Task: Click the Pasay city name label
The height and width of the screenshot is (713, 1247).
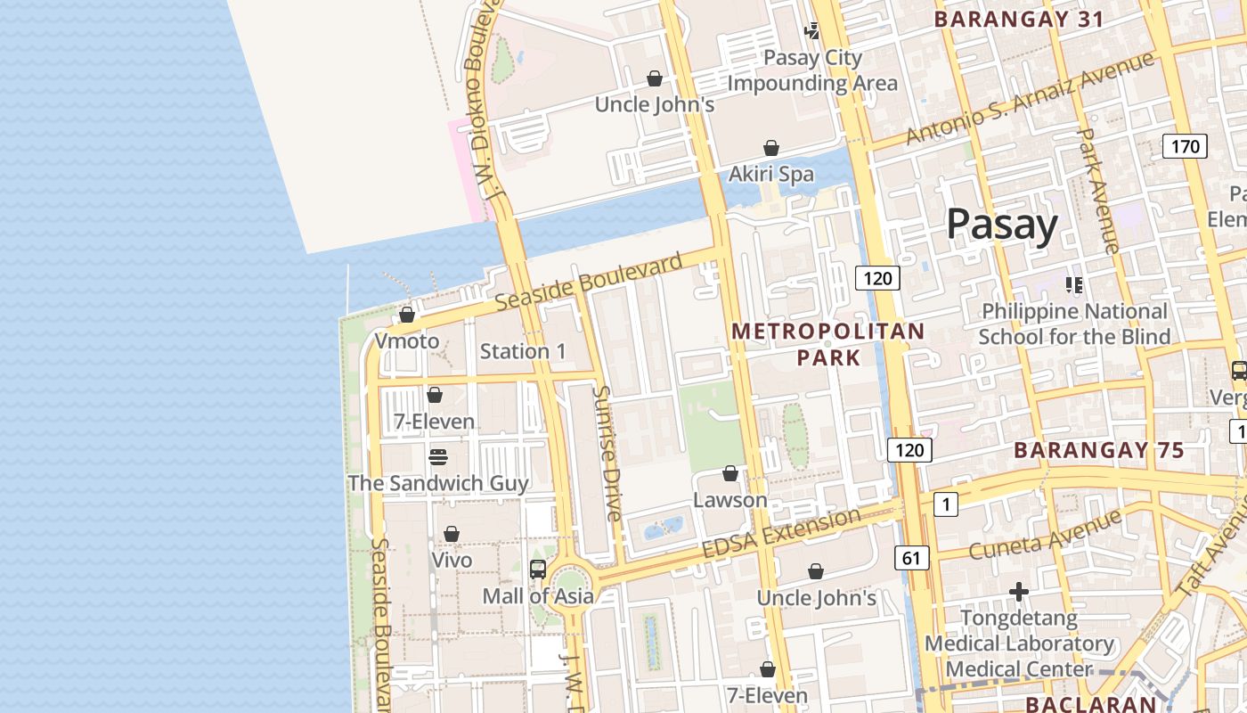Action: [1002, 224]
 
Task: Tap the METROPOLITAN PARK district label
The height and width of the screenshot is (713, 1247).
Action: [827, 344]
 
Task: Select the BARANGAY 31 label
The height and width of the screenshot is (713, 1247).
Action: [1019, 19]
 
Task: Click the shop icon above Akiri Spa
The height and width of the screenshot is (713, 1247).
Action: [771, 148]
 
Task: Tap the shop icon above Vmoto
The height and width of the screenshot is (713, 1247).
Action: [407, 315]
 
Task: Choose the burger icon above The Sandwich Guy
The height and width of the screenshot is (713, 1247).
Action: [437, 457]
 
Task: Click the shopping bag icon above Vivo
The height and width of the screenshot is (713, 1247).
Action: [452, 534]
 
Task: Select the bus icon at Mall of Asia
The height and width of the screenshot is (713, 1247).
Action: [538, 570]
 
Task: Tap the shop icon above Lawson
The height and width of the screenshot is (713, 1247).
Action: [730, 473]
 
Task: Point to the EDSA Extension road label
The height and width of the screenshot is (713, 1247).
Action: [781, 533]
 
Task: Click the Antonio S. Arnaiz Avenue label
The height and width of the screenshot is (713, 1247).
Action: [1030, 98]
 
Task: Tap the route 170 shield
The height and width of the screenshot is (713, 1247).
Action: [1185, 146]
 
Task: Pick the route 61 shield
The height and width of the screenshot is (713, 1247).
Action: [910, 559]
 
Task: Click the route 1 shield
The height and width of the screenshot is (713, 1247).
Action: [945, 505]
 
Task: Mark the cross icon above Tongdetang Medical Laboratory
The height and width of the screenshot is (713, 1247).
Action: [1019, 592]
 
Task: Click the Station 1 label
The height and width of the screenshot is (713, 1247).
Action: [523, 351]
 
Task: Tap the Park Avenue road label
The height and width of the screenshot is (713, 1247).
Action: [1097, 191]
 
